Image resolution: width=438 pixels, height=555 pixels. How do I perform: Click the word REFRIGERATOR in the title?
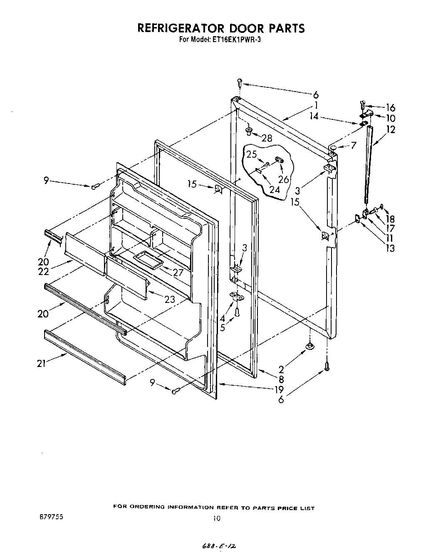click(x=179, y=28)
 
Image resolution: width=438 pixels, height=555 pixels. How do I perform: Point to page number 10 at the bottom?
click(x=216, y=518)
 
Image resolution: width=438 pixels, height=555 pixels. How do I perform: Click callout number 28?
click(x=267, y=138)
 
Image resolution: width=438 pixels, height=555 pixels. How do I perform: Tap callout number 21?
click(x=41, y=363)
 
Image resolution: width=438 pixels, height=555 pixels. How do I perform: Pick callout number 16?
click(x=390, y=108)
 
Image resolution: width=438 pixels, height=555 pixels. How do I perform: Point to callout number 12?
click(x=390, y=129)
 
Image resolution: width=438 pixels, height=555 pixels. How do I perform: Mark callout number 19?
click(x=278, y=389)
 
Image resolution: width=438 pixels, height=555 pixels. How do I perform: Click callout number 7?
click(x=354, y=145)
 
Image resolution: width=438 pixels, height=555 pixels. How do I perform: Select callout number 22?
click(x=43, y=271)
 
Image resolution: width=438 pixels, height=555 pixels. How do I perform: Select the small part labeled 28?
click(x=249, y=131)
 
